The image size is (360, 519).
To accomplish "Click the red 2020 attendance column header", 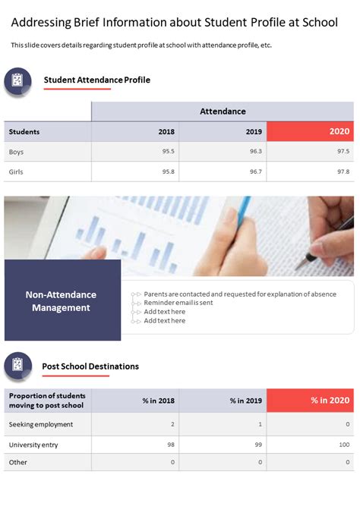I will [311, 131].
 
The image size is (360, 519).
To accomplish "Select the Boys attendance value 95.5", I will [169, 152].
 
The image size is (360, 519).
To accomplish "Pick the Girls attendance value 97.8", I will [343, 171].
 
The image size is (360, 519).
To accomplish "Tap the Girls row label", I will [16, 171].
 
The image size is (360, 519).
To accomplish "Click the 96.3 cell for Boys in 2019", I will [255, 152].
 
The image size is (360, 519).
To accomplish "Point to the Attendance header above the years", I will [223, 112].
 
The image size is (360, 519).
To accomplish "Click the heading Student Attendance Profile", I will [97, 80].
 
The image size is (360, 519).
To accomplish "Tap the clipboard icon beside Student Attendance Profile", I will [17, 80].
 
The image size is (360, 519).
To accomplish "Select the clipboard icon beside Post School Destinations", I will [17, 366].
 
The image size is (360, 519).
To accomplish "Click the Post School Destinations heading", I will [90, 366].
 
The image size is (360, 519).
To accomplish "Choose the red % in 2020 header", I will [311, 401].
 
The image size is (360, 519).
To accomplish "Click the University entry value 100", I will [343, 445].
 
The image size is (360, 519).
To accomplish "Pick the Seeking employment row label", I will [41, 424].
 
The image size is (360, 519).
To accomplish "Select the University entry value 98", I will [171, 445].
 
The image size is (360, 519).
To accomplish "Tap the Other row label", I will [17, 461].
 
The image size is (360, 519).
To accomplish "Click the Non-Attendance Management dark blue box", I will [62, 300].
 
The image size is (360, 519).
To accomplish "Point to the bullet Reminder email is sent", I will [178, 303].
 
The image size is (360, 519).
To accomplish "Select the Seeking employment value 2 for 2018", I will [172, 424].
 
